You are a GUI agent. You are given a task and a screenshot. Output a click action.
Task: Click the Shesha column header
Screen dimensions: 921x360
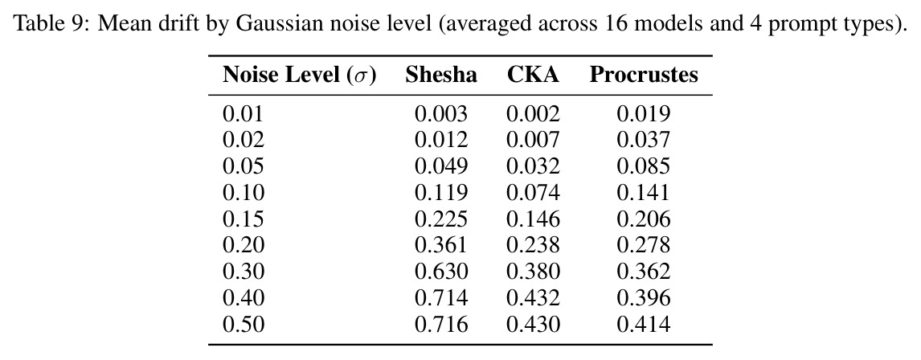pos(441,75)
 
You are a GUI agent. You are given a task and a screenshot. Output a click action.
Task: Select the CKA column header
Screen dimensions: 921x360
pos(534,75)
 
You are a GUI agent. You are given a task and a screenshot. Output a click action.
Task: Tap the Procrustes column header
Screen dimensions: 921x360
pos(644,75)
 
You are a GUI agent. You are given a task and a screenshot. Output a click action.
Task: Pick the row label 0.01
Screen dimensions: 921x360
pos(244,114)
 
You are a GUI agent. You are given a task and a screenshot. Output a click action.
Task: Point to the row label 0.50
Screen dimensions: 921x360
pos(244,324)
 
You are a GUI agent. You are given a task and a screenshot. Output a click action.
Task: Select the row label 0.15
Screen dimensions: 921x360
pos(244,219)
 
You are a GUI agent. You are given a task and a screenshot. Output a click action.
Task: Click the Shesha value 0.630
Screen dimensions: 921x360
pos(441,272)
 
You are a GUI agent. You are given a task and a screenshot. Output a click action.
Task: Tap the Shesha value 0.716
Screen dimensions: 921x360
pos(441,324)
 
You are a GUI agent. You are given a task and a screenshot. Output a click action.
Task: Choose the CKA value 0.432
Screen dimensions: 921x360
pos(534,298)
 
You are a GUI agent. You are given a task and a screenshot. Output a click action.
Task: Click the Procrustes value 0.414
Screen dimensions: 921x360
pos(643,324)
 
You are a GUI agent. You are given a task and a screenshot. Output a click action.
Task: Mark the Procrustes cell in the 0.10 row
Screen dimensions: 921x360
pos(643,193)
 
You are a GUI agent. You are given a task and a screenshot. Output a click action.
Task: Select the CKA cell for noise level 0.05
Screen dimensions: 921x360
pos(534,166)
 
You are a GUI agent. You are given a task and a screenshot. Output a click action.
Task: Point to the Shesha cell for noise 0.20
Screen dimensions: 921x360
pos(441,245)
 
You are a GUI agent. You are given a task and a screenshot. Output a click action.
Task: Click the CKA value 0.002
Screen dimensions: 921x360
pos(534,114)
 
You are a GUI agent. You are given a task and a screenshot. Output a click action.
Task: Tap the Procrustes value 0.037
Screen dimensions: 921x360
pos(643,140)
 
